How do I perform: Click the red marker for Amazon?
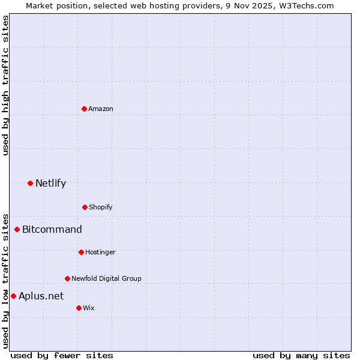84,109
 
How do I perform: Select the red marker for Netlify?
30,183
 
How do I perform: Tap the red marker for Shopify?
85,207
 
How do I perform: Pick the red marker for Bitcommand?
17,229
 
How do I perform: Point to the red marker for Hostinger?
81,252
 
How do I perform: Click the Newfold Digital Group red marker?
67,278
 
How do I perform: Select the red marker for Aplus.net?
13,296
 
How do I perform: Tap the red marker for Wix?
79,308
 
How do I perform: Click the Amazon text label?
101,109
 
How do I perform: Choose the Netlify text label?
50,183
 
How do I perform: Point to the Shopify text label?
101,207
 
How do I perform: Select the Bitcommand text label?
52,229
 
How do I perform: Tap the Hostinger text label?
100,252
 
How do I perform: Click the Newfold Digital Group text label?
106,278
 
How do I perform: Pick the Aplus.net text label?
41,296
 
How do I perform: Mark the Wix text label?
89,308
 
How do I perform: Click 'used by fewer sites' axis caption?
62,355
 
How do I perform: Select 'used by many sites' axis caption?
301,355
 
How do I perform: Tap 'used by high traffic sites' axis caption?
5,85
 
